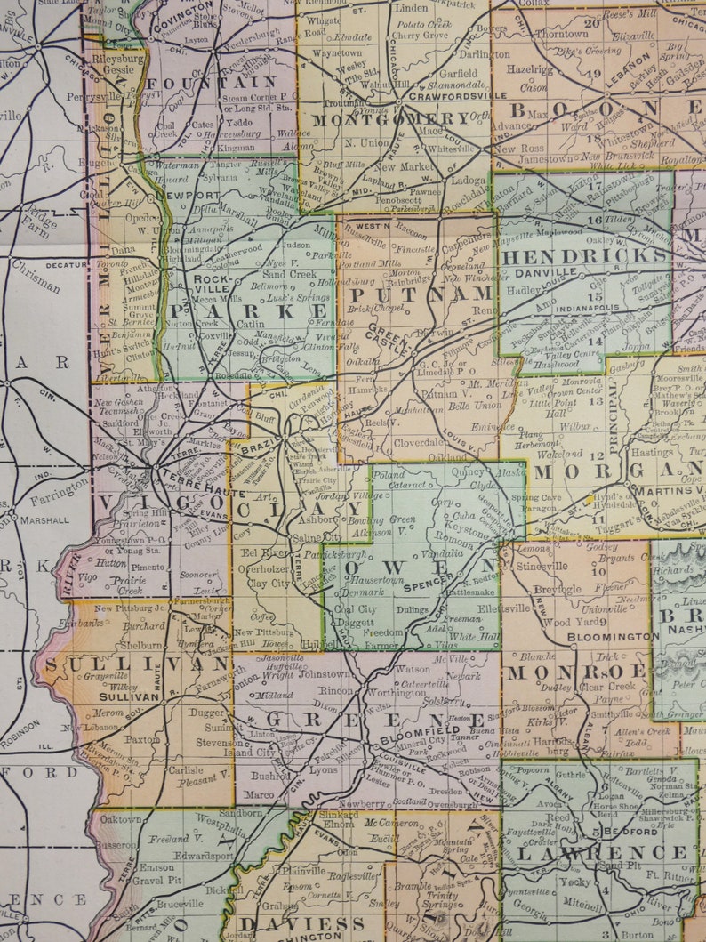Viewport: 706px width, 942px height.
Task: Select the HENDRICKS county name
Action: pyautogui.click(x=584, y=255)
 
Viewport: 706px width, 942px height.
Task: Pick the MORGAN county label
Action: pyautogui.click(x=615, y=471)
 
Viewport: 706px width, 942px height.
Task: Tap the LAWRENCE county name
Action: pyautogui.click(x=601, y=852)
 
